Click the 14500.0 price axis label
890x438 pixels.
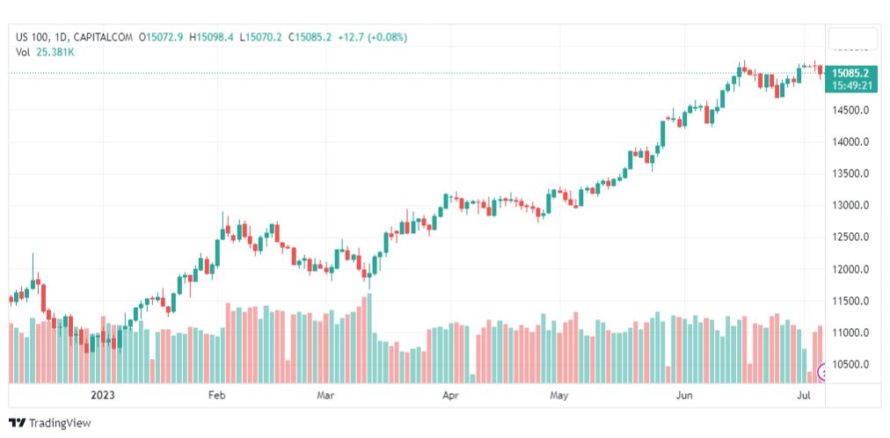pyautogui.click(x=851, y=110)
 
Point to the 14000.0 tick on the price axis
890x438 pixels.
pyautogui.click(x=851, y=142)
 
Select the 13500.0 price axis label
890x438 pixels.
pyautogui.click(x=851, y=173)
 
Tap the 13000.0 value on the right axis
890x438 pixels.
pyautogui.click(x=851, y=205)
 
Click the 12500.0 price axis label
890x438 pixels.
pyautogui.click(x=851, y=237)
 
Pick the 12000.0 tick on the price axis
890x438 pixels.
pyautogui.click(x=851, y=269)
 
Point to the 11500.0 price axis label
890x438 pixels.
pyautogui.click(x=851, y=301)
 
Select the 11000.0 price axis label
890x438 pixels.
pyautogui.click(x=851, y=332)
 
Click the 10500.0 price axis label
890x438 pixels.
pyautogui.click(x=851, y=364)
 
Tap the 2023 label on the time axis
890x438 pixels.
pyautogui.click(x=102, y=396)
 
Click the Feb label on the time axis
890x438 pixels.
pyautogui.click(x=217, y=396)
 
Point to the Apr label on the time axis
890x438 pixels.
pyautogui.click(x=450, y=396)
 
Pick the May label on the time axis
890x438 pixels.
pyautogui.click(x=558, y=396)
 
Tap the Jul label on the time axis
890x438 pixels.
pyautogui.click(x=803, y=396)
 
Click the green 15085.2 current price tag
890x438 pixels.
pyautogui.click(x=851, y=73)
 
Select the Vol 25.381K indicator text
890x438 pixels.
pyautogui.click(x=45, y=51)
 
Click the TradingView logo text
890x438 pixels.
pyautogui.click(x=59, y=423)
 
